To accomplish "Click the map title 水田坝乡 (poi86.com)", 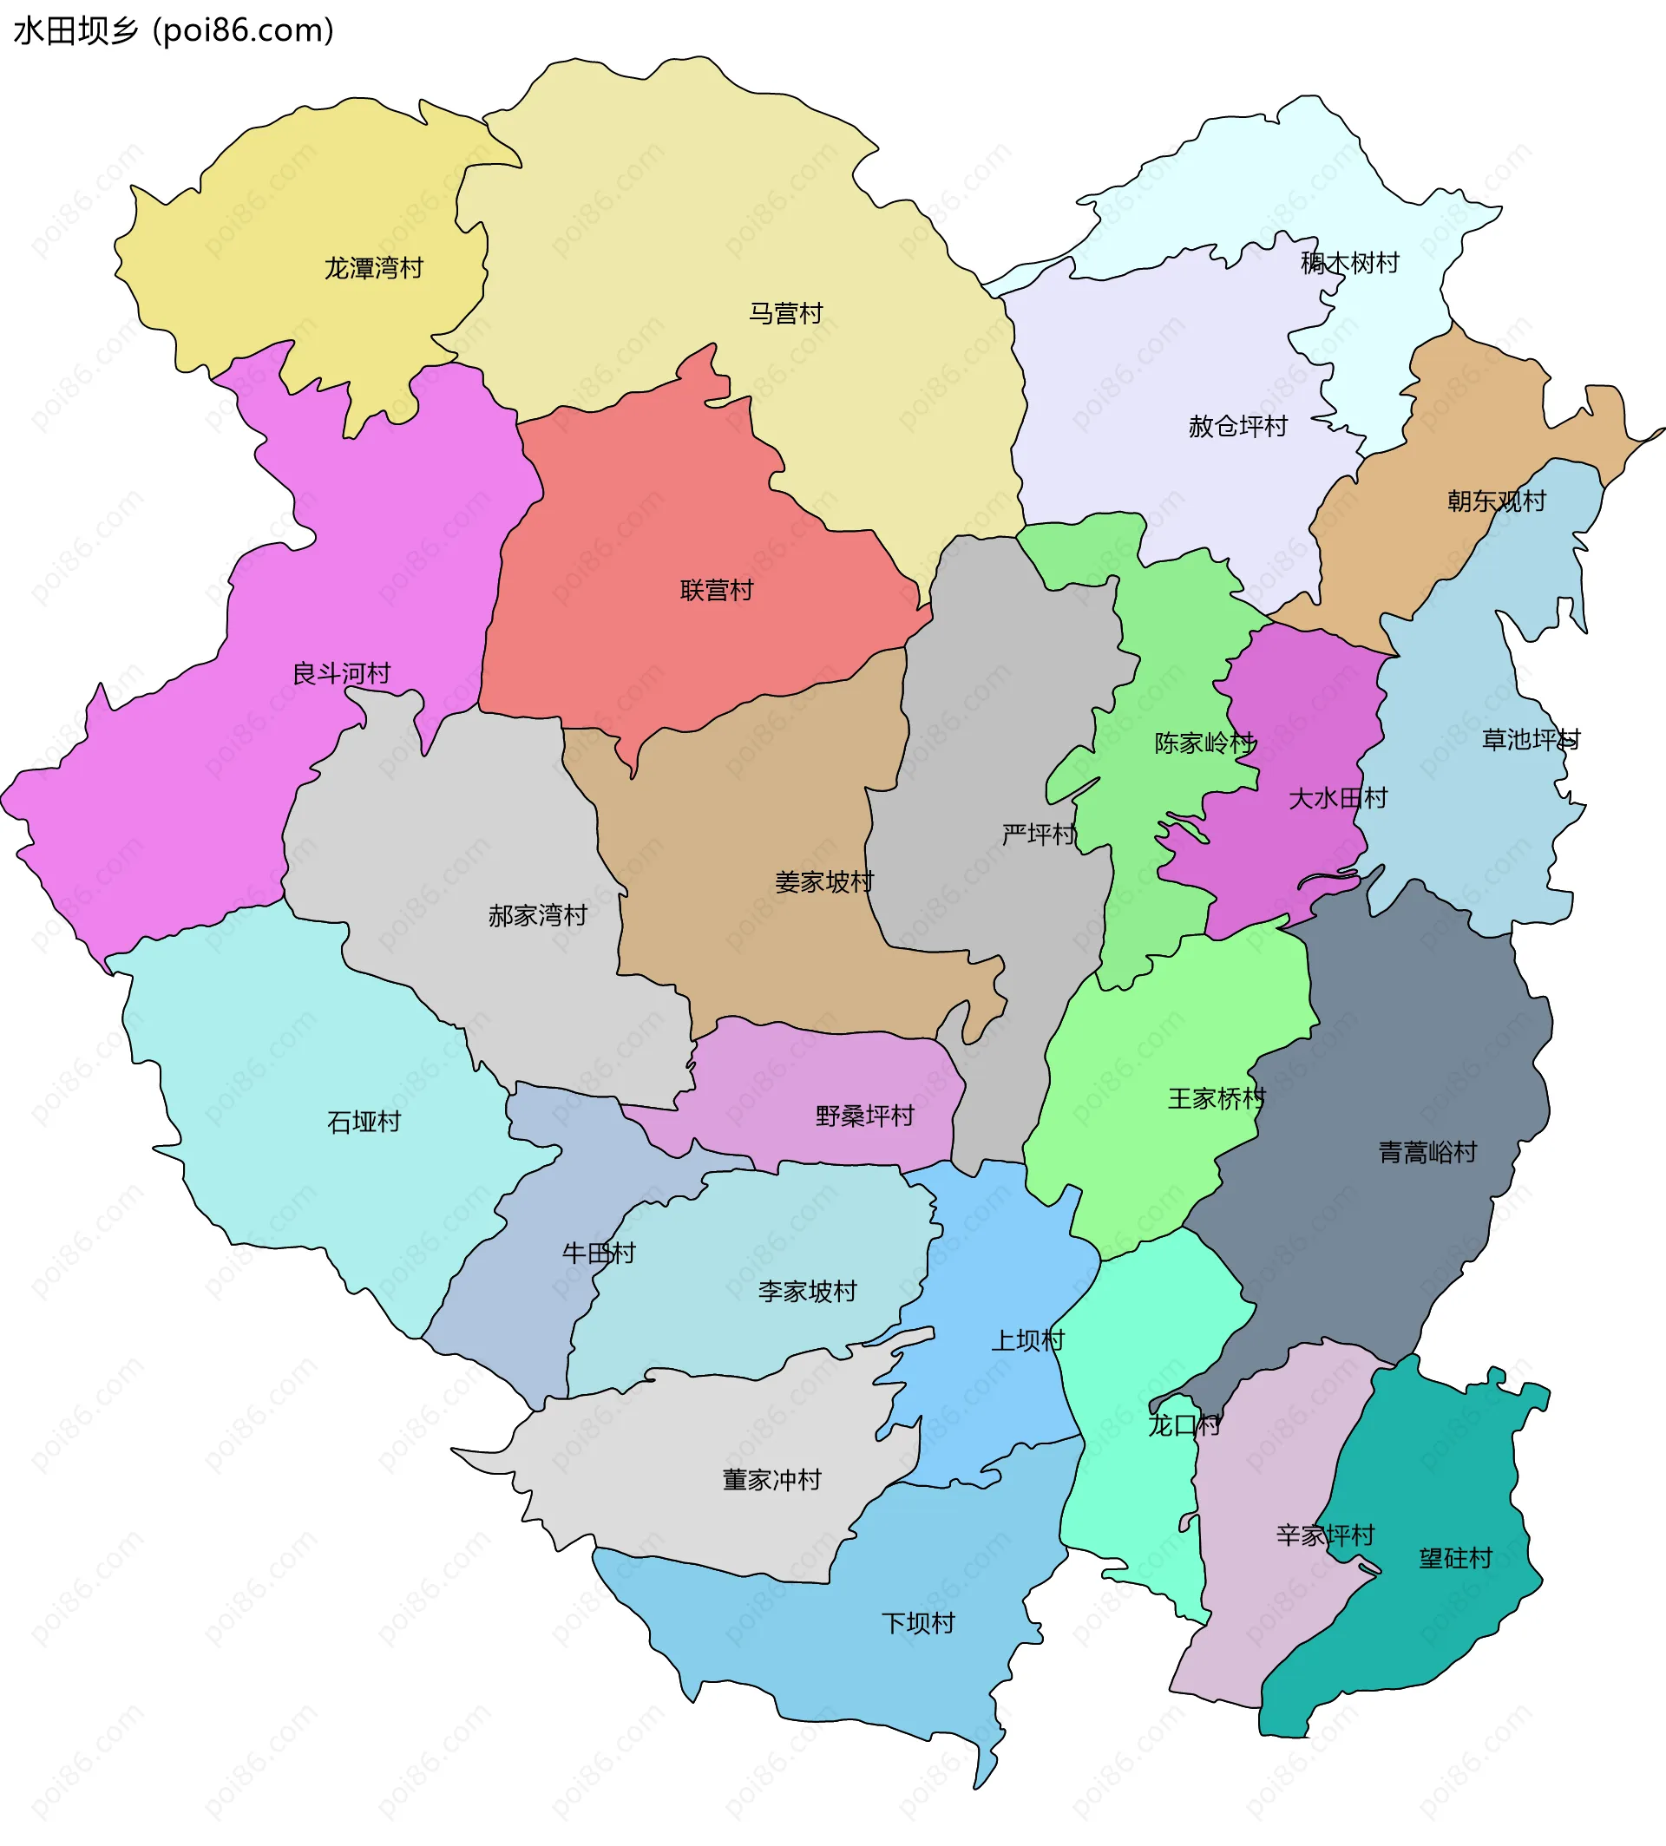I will (x=174, y=31).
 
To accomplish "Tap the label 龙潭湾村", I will (x=373, y=268).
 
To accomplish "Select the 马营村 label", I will (x=785, y=313).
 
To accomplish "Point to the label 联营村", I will (x=717, y=590).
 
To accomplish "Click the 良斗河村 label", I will (x=341, y=674).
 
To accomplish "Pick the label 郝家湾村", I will (x=537, y=915).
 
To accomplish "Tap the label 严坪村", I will (x=1039, y=835).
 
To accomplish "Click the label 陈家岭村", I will (x=1204, y=743).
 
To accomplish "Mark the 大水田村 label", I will (x=1337, y=798).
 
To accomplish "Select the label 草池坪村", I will (x=1531, y=739).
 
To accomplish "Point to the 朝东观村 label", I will (x=1497, y=501).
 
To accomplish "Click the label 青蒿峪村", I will (x=1427, y=1152).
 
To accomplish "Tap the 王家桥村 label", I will (x=1217, y=1098).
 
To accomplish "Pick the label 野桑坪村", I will (x=865, y=1116).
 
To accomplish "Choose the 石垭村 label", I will (x=364, y=1122).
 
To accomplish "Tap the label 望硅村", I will (x=1455, y=1558).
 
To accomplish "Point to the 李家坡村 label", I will (x=807, y=1292).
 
